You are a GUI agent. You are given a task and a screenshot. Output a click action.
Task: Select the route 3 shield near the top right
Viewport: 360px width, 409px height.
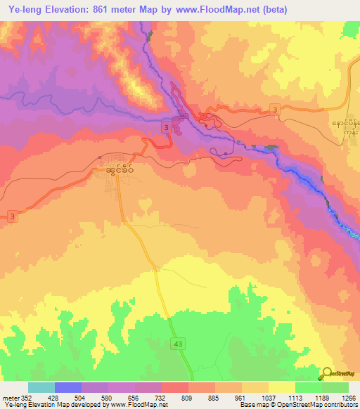click(x=275, y=109)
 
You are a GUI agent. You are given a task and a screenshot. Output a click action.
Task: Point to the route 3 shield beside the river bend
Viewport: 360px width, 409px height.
click(x=166, y=127)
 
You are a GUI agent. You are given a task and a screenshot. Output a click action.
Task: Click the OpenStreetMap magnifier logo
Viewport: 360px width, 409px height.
click(x=327, y=375)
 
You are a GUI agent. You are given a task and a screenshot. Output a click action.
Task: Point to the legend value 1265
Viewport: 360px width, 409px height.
click(x=349, y=398)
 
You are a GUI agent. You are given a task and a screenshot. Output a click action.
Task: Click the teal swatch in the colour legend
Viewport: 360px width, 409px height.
click(x=41, y=387)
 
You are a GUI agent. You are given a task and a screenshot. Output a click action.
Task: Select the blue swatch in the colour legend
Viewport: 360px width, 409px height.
click(x=68, y=387)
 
